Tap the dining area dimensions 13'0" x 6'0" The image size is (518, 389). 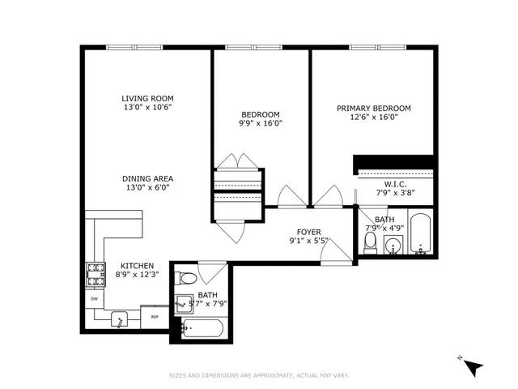(x=146, y=187)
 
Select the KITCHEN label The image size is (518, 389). (x=137, y=265)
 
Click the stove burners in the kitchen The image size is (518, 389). (x=96, y=275)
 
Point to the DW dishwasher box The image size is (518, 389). (x=94, y=297)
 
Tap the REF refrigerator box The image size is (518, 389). (x=154, y=316)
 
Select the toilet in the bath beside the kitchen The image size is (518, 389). (x=186, y=279)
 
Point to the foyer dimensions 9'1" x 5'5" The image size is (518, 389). (x=308, y=241)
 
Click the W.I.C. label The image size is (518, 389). (x=396, y=184)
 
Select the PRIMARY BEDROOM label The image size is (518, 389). (x=373, y=108)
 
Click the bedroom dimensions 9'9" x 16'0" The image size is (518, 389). (x=261, y=124)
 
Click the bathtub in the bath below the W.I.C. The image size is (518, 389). (x=419, y=233)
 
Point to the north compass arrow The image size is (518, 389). (x=473, y=367)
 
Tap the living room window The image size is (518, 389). (x=134, y=48)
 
